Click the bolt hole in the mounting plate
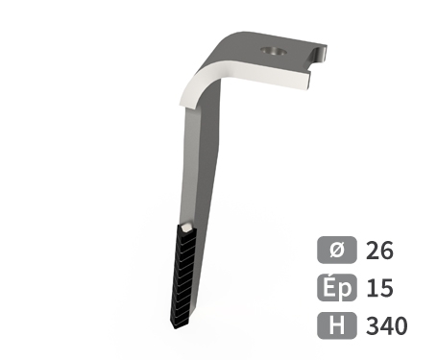tap(273, 51)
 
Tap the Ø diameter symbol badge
tap(337, 250)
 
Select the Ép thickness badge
tap(337, 288)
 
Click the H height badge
tap(337, 325)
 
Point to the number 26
tap(379, 251)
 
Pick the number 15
tap(379, 288)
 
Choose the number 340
tap(387, 325)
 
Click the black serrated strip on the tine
tap(182, 276)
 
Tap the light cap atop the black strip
tap(186, 228)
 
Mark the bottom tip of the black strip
tap(176, 328)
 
